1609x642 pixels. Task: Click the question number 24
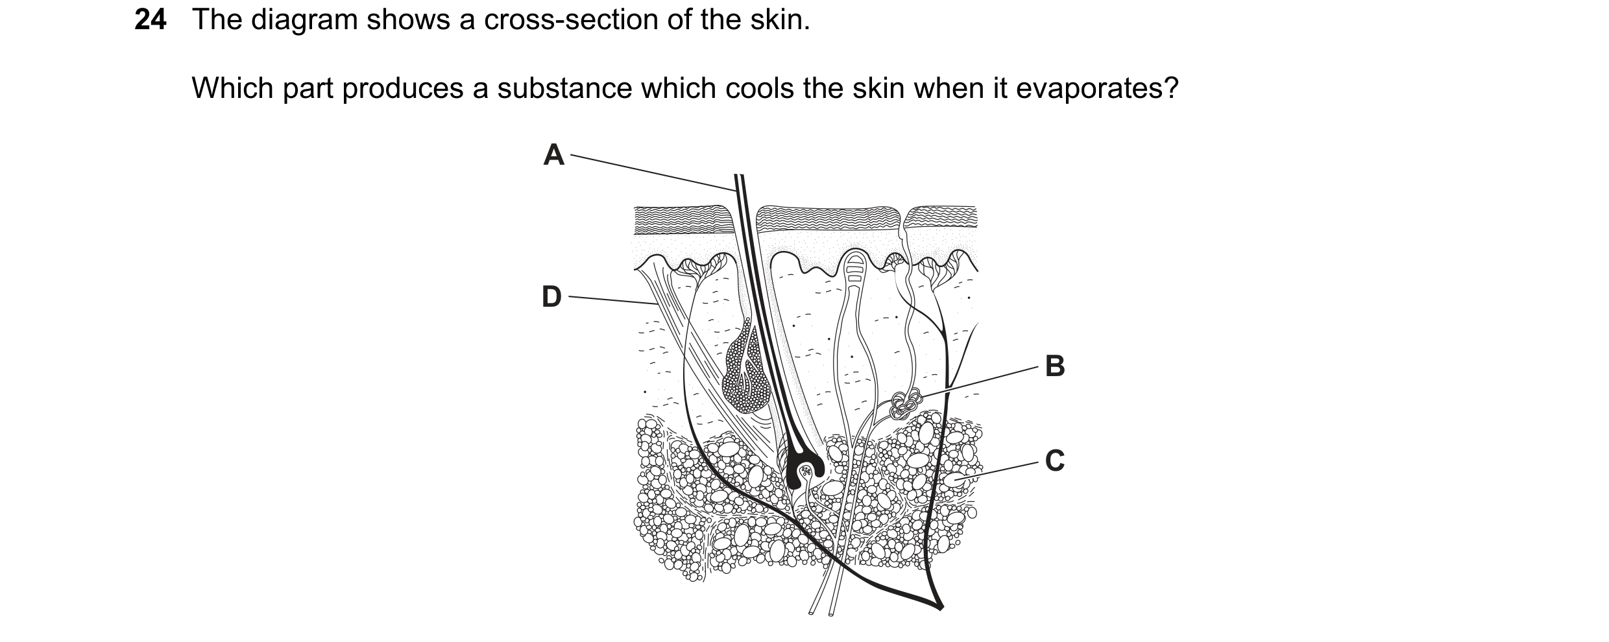pos(151,21)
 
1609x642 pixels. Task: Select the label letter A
pos(553,155)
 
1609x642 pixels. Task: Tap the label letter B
pos(1055,366)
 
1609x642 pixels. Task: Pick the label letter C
pos(1055,461)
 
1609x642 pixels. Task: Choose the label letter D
pos(551,297)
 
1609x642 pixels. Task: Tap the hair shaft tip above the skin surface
pos(738,176)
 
